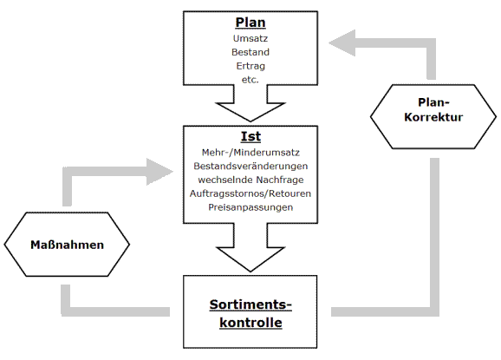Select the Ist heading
point(250,137)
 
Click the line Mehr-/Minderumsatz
point(250,152)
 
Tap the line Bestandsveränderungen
point(250,166)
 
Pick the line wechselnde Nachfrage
point(250,180)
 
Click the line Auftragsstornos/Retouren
point(250,193)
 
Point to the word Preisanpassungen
point(250,207)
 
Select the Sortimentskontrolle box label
point(250,313)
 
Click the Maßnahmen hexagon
point(66,245)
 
